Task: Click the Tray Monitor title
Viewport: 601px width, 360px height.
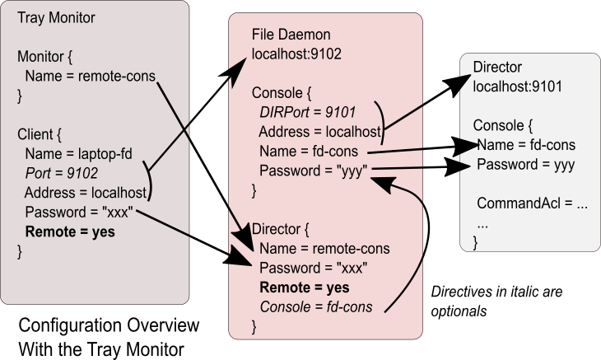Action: pyautogui.click(x=56, y=19)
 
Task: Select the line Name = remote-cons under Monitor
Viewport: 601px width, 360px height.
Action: pyautogui.click(x=90, y=77)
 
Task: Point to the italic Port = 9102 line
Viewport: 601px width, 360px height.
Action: pyautogui.click(x=61, y=173)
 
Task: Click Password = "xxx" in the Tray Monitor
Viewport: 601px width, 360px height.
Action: pyautogui.click(x=78, y=213)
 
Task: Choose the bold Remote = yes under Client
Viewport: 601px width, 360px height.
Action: pyautogui.click(x=70, y=232)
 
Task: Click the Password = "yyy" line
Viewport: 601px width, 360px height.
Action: pyautogui.click(x=313, y=171)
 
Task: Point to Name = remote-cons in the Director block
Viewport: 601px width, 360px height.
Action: pyautogui.click(x=324, y=249)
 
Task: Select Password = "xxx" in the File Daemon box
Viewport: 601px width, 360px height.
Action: pyautogui.click(x=313, y=269)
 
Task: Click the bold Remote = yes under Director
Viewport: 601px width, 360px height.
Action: pyautogui.click(x=304, y=288)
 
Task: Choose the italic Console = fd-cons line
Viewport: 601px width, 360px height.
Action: pyautogui.click(x=315, y=307)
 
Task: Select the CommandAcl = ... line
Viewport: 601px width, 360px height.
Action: pyautogui.click(x=532, y=203)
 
